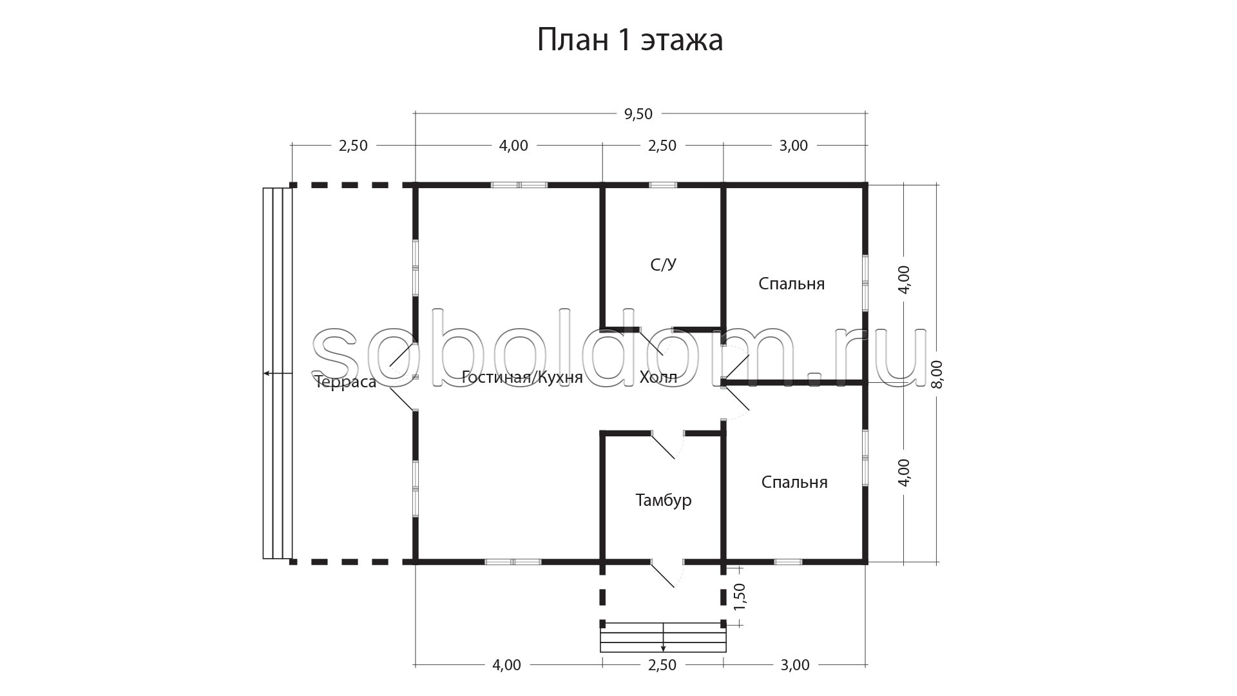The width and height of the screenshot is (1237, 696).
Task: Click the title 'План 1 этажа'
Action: [630, 40]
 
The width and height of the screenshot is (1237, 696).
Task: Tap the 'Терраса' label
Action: [345, 382]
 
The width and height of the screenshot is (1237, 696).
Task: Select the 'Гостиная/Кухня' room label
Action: [523, 378]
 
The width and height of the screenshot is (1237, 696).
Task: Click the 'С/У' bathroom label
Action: [664, 265]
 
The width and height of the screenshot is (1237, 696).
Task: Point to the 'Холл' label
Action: [658, 377]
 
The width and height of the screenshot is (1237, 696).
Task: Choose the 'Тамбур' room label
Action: [664, 500]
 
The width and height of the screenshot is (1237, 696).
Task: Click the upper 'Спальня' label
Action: [792, 284]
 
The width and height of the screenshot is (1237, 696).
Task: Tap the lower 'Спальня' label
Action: [794, 482]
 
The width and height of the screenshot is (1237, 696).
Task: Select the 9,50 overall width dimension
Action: [638, 114]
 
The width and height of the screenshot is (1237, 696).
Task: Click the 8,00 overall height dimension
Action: [937, 374]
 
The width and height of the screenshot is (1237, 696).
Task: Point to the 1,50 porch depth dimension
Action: [740, 597]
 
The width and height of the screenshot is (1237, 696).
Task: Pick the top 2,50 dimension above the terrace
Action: [353, 146]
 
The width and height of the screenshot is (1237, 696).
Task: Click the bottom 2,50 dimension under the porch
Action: [662, 665]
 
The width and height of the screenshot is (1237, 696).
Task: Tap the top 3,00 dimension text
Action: [794, 146]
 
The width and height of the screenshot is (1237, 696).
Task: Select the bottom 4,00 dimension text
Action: [507, 665]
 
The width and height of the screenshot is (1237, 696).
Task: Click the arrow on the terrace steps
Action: [278, 373]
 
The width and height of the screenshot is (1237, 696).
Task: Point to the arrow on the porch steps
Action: [663, 637]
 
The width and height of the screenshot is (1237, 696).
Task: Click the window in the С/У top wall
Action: [663, 185]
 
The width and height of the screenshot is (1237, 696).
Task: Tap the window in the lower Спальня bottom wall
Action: [788, 562]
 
